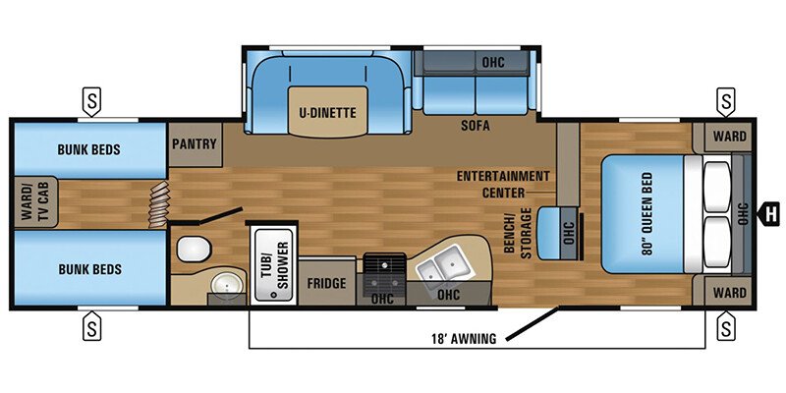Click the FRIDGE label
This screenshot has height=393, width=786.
[326, 284]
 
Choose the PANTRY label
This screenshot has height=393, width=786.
[194, 143]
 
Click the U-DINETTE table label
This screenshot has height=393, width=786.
[327, 112]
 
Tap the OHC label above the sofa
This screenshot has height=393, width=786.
[492, 62]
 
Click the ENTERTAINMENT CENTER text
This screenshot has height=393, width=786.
[502, 184]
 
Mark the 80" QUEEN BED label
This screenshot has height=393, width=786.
[646, 212]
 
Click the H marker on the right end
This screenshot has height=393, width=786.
[771, 210]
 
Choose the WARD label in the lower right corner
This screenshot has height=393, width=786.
[728, 292]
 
